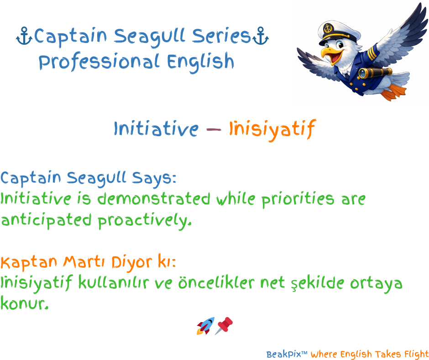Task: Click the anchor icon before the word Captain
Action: (24, 36)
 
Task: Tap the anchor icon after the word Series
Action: (261, 36)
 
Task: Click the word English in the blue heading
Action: (200, 63)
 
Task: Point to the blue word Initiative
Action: (156, 128)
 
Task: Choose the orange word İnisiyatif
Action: (272, 129)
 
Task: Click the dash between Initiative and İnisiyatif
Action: (214, 129)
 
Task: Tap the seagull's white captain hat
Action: (339, 32)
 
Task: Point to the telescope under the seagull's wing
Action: (375, 73)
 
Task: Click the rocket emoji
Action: (205, 326)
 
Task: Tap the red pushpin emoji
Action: (224, 325)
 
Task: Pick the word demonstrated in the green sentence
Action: (154, 198)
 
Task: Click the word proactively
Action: (145, 221)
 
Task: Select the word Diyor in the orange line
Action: (131, 263)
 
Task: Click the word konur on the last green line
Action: (24, 303)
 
